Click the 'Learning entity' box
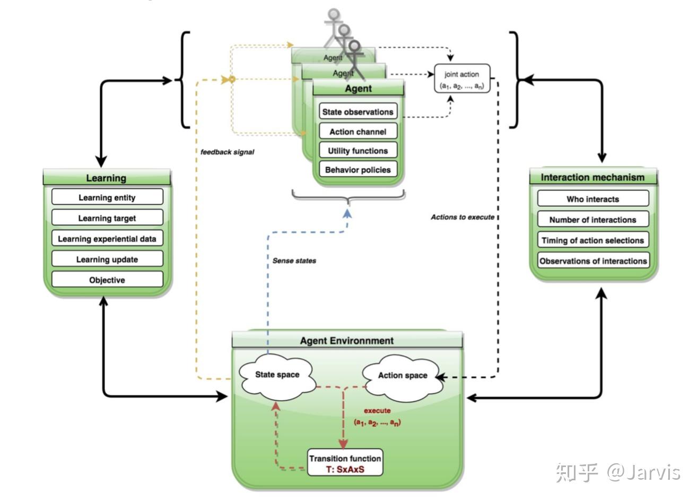pyautogui.click(x=107, y=197)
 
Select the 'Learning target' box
pyautogui.click(x=107, y=218)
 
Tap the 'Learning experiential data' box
pyautogui.click(x=107, y=239)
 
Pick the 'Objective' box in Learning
pyautogui.click(x=107, y=280)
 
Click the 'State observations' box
pyautogui.click(x=358, y=112)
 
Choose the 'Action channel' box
pyautogui.click(x=358, y=132)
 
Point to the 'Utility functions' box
pyautogui.click(x=358, y=151)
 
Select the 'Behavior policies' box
pyautogui.click(x=358, y=170)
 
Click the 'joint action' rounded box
pyautogui.click(x=462, y=80)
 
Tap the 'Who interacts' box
pyautogui.click(x=592, y=199)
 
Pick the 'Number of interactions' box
pyautogui.click(x=592, y=220)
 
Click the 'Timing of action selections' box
pyautogui.click(x=592, y=240)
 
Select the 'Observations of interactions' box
pyautogui.click(x=592, y=261)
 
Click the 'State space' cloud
pyautogui.click(x=277, y=375)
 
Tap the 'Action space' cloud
pyautogui.click(x=403, y=376)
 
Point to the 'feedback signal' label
pyautogui.click(x=227, y=152)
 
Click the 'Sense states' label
pyautogui.click(x=294, y=261)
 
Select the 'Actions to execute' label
pyautogui.click(x=463, y=217)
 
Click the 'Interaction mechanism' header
pyautogui.click(x=592, y=177)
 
